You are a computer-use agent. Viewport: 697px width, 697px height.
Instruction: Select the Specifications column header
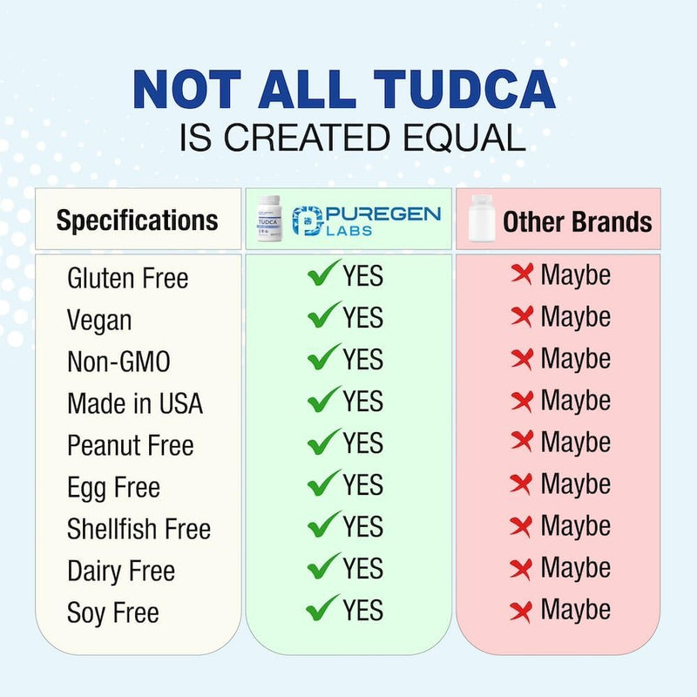pos(137,220)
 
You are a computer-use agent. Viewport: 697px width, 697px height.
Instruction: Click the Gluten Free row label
pos(127,279)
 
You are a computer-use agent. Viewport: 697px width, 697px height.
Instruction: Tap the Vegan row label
pos(99,320)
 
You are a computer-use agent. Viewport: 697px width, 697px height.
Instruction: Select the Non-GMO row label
pos(118,362)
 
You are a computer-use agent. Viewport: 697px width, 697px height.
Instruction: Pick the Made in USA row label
pos(134,403)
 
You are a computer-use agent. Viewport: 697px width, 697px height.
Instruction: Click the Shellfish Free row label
pos(139,529)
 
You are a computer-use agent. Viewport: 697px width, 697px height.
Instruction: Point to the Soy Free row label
pos(112,612)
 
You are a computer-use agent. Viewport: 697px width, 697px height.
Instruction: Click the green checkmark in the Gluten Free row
pos(323,274)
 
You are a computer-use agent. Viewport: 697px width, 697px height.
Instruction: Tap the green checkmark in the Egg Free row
pos(323,484)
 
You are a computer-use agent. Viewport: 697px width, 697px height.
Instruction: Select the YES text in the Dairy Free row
pos(362,568)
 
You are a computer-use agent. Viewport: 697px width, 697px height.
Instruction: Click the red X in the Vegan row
pos(522,316)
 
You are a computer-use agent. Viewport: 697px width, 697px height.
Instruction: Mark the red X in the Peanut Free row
pos(522,442)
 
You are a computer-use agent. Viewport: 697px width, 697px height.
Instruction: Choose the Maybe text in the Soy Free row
pos(575,610)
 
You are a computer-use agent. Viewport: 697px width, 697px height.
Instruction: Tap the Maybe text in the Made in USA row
pos(575,401)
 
